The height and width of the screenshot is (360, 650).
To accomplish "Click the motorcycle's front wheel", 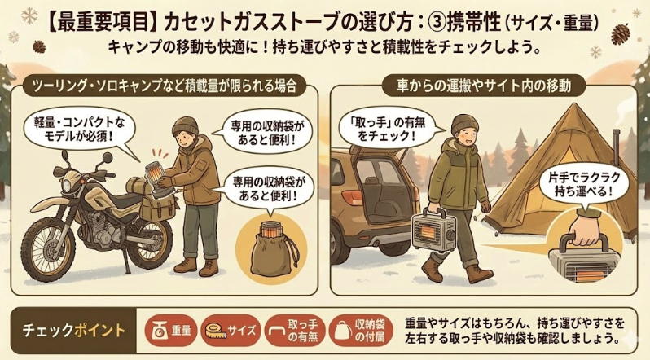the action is coord(47,248).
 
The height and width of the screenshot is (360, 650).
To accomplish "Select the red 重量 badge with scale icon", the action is coord(171,331).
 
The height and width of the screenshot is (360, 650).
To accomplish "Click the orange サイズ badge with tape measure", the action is coord(231,331).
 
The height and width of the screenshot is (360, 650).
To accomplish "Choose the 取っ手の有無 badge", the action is coord(295,331).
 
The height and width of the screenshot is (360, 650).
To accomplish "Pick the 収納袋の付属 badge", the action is coord(360,331).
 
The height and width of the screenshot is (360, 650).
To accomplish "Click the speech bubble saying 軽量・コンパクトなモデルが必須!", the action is coord(79,130).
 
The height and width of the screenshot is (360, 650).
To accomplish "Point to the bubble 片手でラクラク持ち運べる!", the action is coord(584,185).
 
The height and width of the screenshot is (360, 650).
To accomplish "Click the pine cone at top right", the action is coord(621,34).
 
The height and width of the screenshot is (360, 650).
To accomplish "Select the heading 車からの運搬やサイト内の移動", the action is coord(483,86).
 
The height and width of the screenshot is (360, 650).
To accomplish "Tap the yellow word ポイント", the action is coord(99,331).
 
